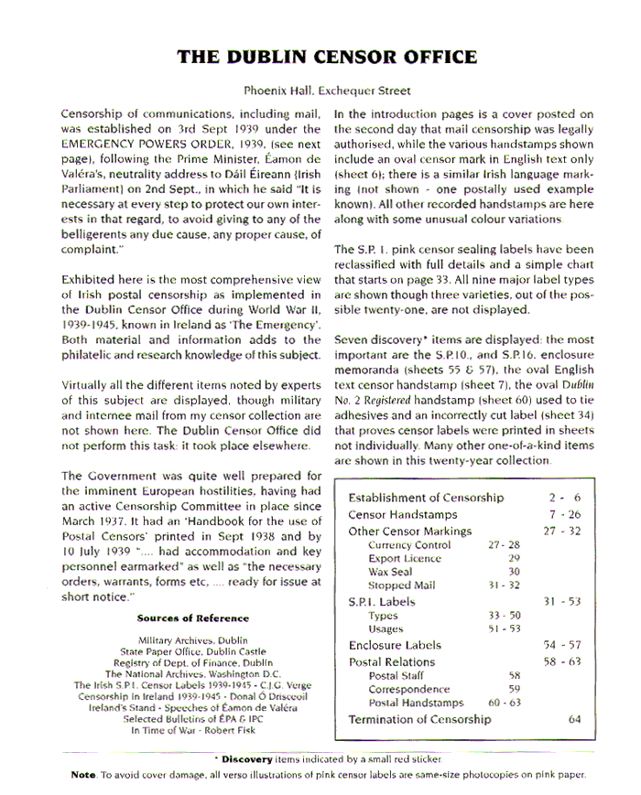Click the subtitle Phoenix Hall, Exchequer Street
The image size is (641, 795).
(327, 91)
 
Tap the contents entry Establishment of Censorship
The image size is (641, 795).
(426, 498)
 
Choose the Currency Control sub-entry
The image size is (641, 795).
(409, 545)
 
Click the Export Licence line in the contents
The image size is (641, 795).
(404, 558)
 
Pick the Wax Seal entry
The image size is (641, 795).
(389, 572)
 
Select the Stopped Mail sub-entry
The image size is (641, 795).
(401, 586)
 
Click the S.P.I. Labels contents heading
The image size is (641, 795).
(382, 602)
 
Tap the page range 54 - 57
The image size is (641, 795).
(562, 646)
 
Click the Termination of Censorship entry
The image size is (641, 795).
(419, 719)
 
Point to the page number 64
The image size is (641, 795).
(574, 719)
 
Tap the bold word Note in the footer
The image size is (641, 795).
(83, 775)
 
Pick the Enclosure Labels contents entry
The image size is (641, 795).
(395, 646)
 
